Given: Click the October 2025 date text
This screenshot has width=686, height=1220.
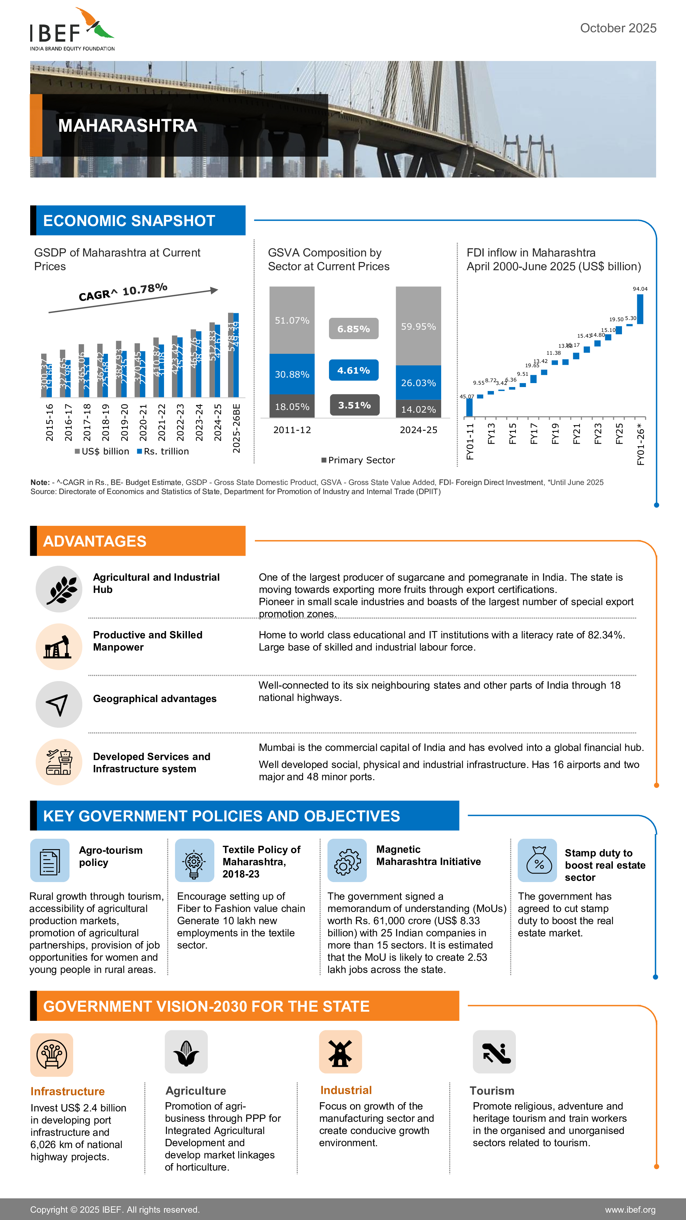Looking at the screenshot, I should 618,28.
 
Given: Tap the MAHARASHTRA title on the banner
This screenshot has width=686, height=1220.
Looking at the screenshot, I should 127,125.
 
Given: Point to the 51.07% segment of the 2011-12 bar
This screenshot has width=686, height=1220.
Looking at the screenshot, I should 292,321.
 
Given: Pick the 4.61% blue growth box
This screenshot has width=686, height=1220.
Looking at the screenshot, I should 354,370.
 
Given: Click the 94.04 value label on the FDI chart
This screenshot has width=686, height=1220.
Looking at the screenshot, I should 640,289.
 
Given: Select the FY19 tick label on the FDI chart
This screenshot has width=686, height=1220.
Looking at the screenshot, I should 555,433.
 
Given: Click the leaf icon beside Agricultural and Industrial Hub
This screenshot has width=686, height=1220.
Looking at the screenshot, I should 59,589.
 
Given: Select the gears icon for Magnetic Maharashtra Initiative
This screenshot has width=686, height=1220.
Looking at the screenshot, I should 347,860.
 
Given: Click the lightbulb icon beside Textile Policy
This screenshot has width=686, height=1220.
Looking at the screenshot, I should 194,860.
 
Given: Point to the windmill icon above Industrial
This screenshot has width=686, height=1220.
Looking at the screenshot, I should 340,1052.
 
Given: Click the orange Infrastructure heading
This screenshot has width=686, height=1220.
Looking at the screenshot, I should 68,1091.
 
